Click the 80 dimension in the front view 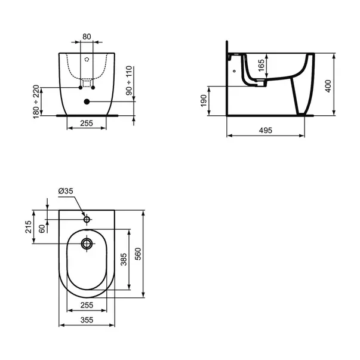pyautogui.click(x=87, y=36)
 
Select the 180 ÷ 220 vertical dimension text pyautogui.click(x=37, y=100)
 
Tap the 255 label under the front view pyautogui.click(x=87, y=124)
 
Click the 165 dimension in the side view pyautogui.click(x=260, y=65)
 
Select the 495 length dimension pyautogui.click(x=267, y=131)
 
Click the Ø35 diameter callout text pyautogui.click(x=66, y=190)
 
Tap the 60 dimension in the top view pyautogui.click(x=42, y=229)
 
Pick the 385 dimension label pyautogui.click(x=124, y=259)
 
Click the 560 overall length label pyautogui.click(x=138, y=254)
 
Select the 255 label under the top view pyautogui.click(x=87, y=304)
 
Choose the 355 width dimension pyautogui.click(x=87, y=321)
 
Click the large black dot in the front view pyautogui.click(x=87, y=102)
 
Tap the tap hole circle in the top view pyautogui.click(x=87, y=220)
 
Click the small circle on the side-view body pyautogui.click(x=235, y=71)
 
